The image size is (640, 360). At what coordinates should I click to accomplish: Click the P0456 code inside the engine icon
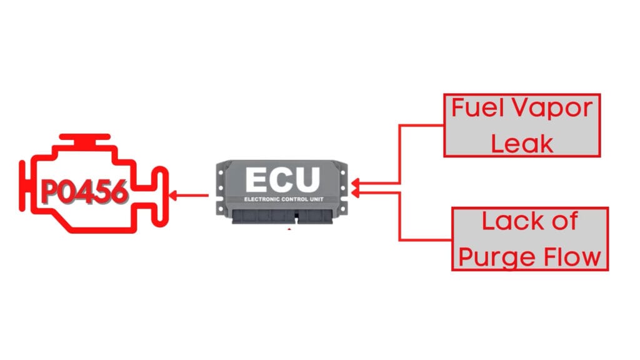(x=85, y=193)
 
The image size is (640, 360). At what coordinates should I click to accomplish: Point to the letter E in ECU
(x=258, y=179)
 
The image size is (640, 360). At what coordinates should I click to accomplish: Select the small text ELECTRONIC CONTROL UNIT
(x=282, y=199)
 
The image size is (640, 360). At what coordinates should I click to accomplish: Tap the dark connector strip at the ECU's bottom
(x=282, y=216)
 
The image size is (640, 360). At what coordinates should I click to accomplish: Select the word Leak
(x=522, y=143)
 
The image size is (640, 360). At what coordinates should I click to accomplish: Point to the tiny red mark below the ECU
(x=289, y=230)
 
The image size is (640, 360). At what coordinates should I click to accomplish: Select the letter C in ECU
(x=282, y=179)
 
